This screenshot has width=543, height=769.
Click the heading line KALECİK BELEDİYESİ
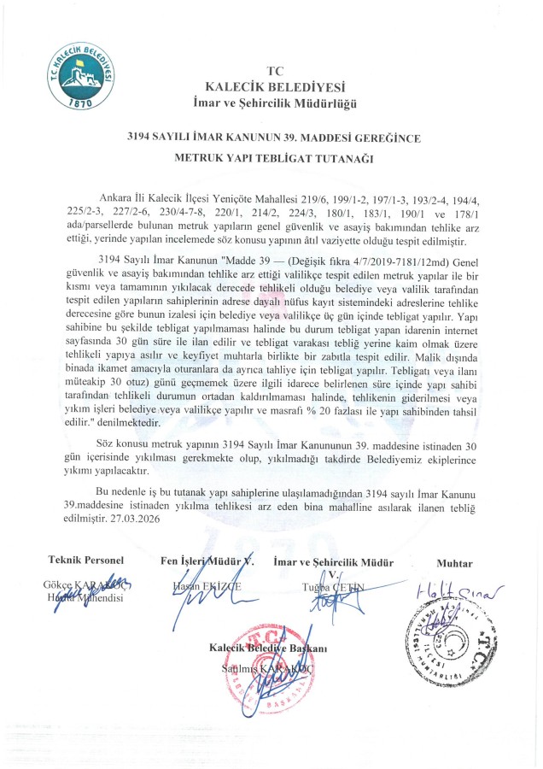click(x=273, y=86)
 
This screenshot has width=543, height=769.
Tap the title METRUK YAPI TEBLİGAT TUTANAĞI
click(x=273, y=158)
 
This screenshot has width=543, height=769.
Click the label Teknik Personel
click(x=86, y=561)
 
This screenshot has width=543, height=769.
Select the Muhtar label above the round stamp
click(x=453, y=563)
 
